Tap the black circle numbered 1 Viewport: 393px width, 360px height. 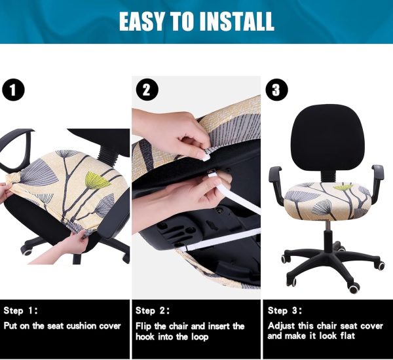[x=13, y=90]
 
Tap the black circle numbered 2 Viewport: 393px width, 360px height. [x=147, y=90]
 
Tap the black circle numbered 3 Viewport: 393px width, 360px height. [x=276, y=90]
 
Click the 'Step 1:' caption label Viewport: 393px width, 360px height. [x=20, y=311]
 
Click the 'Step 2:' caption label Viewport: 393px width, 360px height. [x=153, y=311]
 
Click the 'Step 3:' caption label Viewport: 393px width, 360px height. [x=285, y=311]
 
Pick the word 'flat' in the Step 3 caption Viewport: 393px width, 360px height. [x=347, y=336]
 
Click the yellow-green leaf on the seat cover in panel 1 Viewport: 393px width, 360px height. [x=98, y=180]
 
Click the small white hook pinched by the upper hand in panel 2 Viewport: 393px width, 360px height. [x=206, y=157]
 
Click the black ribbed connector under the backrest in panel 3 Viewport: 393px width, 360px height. [x=328, y=176]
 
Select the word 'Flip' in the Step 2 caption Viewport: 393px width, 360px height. [x=143, y=327]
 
